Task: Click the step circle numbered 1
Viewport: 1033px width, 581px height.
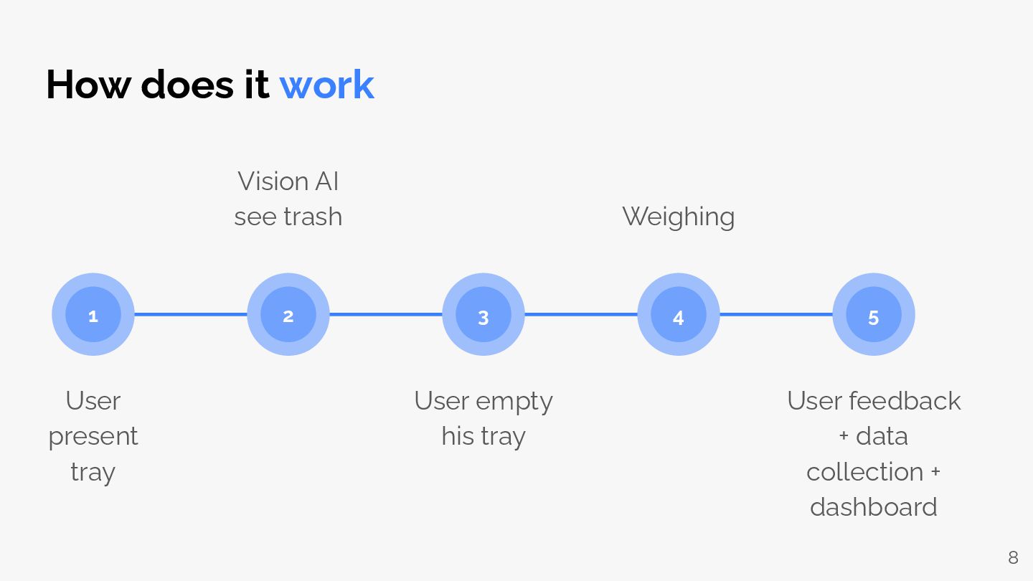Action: click(x=93, y=315)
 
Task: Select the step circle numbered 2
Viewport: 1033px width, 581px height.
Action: click(x=288, y=315)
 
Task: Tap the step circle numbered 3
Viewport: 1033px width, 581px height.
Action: click(x=484, y=315)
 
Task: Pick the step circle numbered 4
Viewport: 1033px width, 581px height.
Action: click(x=679, y=315)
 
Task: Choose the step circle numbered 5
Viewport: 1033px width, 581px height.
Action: click(x=874, y=315)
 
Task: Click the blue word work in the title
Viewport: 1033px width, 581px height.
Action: click(x=326, y=85)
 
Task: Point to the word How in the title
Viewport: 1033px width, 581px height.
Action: click(x=88, y=85)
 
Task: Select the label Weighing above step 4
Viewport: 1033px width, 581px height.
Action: click(x=678, y=217)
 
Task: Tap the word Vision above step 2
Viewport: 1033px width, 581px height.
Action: click(x=267, y=181)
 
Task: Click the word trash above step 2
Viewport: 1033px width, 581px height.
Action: click(x=313, y=217)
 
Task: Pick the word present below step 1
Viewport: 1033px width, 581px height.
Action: click(x=93, y=437)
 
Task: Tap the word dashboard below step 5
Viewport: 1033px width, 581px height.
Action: click(x=873, y=507)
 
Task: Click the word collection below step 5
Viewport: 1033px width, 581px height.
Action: click(x=864, y=472)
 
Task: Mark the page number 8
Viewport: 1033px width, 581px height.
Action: click(x=1013, y=557)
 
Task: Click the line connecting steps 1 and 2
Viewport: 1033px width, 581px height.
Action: click(x=191, y=314)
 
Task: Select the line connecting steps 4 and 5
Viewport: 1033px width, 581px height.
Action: click(x=776, y=314)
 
